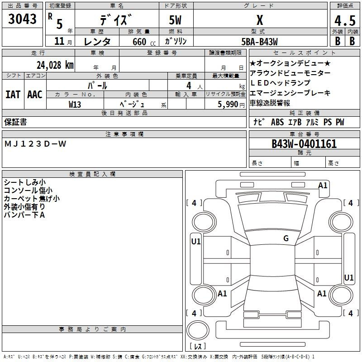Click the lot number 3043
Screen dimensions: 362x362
tap(22, 19)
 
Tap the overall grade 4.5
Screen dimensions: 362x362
tap(345, 20)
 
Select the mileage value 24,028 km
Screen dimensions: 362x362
tap(55, 65)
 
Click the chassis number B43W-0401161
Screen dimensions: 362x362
tap(304, 144)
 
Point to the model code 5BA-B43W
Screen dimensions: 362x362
tap(259, 42)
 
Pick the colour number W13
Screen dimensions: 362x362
tap(75, 105)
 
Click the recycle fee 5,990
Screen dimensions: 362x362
tap(228, 105)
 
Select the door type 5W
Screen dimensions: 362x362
tap(175, 20)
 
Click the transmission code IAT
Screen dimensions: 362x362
tap(13, 95)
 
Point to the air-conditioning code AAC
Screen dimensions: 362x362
tap(35, 95)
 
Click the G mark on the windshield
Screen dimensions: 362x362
tap(286, 238)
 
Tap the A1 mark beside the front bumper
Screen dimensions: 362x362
tap(323, 186)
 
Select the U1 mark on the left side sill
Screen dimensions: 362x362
tap(196, 242)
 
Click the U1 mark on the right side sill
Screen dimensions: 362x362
tap(348, 277)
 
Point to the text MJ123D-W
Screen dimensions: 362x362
tap(35, 144)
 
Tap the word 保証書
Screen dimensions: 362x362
tap(15, 122)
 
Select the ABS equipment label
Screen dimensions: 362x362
tap(277, 122)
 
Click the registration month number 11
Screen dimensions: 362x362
tap(59, 41)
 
